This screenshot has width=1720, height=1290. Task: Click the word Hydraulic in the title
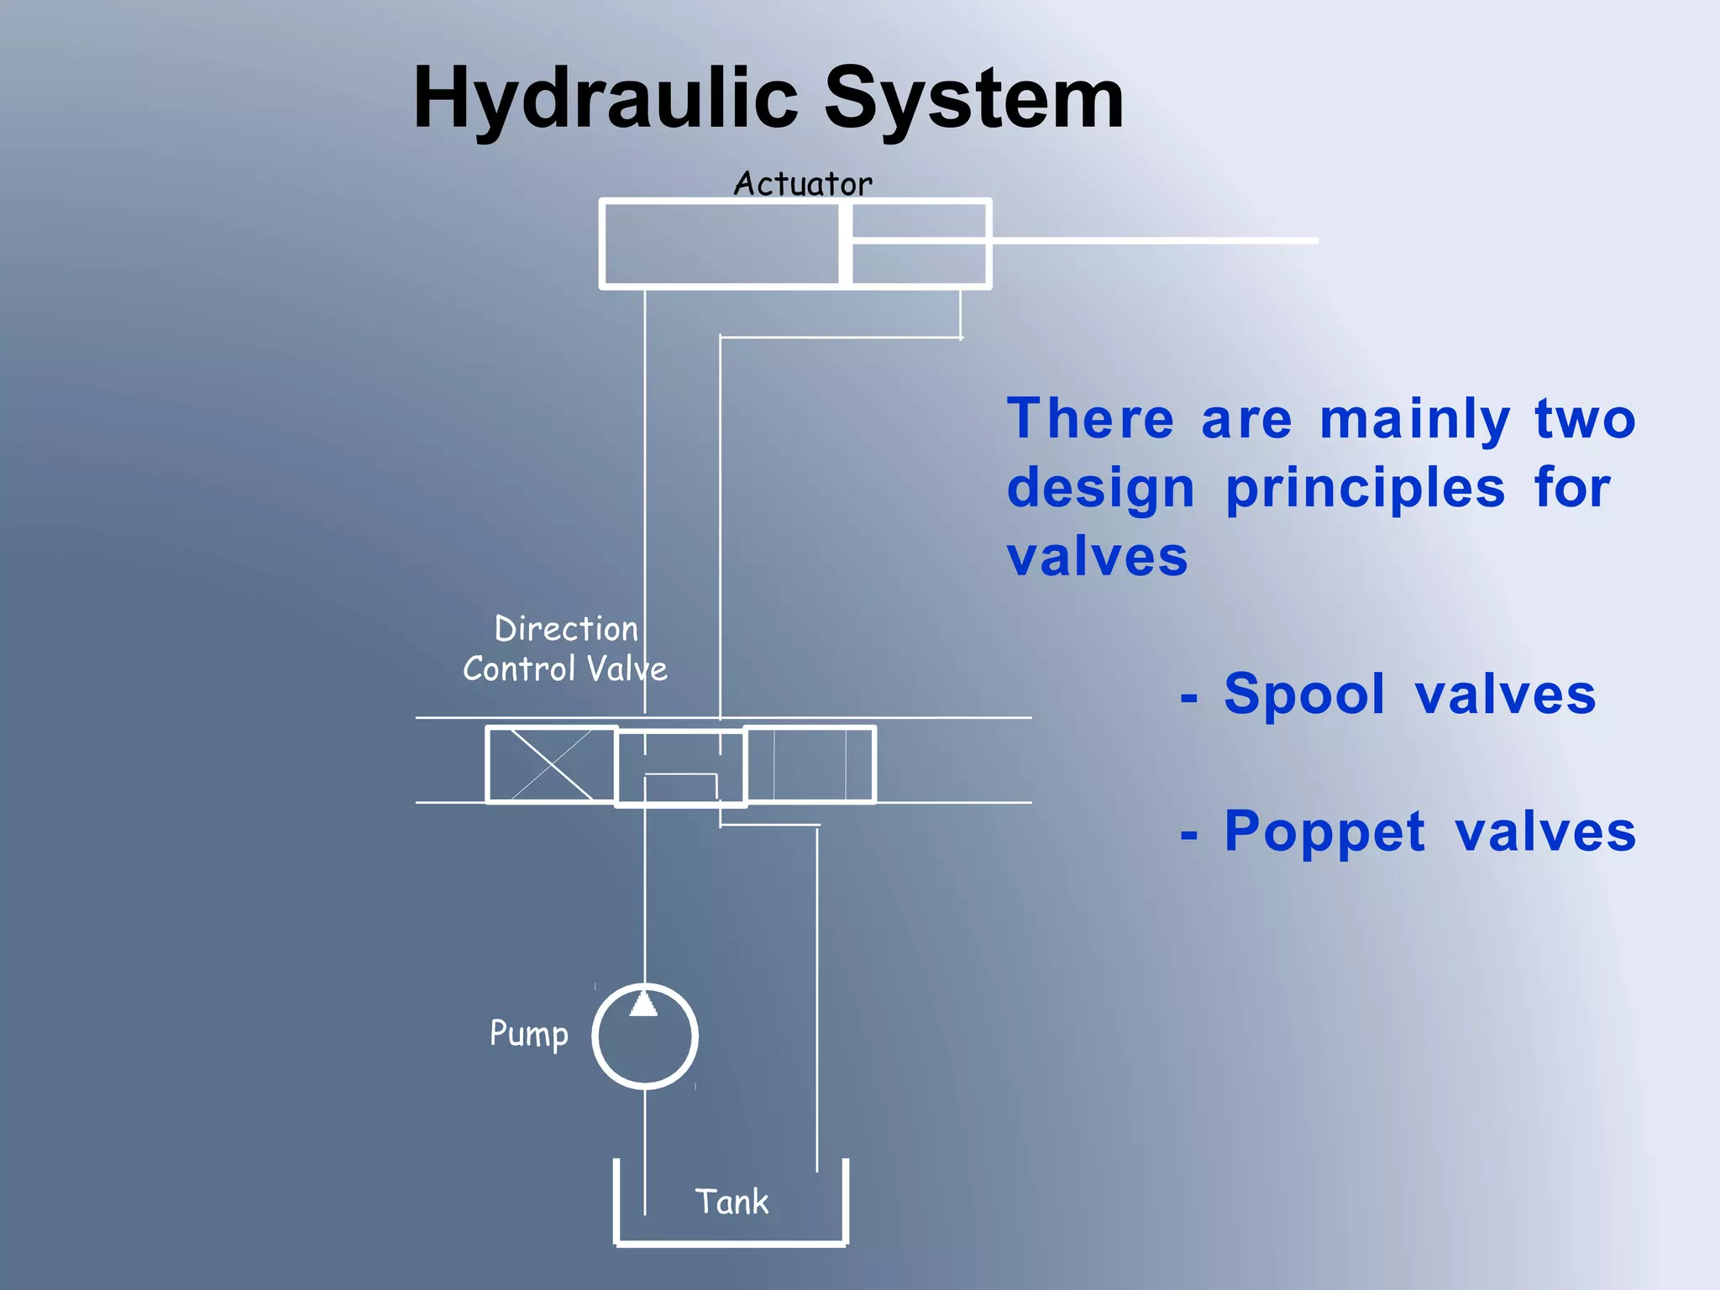605,99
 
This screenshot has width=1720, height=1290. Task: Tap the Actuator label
803,184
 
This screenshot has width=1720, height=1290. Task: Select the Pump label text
529,1034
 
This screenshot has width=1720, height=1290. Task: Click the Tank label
732,1202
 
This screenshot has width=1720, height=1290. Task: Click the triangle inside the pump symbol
643,1004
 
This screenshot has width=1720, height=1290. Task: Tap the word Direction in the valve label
566,629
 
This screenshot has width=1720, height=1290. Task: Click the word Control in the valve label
518,669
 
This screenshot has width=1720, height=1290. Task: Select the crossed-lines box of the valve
551,764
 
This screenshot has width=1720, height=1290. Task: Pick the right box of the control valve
810,764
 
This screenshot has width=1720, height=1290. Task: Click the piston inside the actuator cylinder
845,244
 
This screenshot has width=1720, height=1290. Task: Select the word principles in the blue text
1365,489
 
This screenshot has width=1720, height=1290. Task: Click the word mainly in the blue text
1414,420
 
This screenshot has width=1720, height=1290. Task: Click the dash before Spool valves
1188,698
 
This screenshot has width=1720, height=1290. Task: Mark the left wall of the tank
617,1201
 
